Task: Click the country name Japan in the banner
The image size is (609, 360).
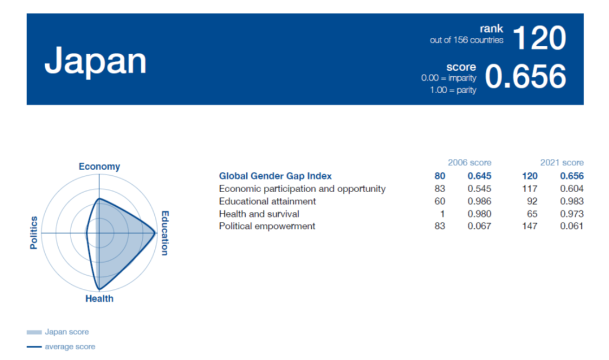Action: (95, 62)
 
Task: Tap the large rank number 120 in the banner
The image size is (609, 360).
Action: (539, 38)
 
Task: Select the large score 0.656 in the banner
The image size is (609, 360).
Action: (525, 76)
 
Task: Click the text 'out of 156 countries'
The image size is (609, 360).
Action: (467, 40)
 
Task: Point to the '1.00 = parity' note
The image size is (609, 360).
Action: (453, 90)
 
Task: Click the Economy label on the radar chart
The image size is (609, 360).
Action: (99, 166)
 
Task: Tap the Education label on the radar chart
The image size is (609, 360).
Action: (165, 233)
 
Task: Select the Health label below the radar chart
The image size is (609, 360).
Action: (99, 298)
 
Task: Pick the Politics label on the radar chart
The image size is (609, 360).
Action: (34, 233)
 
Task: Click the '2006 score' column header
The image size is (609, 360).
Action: (469, 162)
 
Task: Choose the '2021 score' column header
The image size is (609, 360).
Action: (562, 162)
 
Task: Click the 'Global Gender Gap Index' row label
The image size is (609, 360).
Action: (275, 176)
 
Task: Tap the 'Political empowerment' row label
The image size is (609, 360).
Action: (267, 226)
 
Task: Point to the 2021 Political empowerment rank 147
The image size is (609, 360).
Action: (530, 226)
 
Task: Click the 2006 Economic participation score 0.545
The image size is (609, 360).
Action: (479, 189)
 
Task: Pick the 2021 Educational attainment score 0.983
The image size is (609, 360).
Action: (572, 201)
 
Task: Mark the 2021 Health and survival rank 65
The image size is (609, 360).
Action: (532, 214)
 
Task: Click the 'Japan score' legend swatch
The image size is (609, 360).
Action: (34, 332)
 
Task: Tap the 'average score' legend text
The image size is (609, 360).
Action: (70, 346)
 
